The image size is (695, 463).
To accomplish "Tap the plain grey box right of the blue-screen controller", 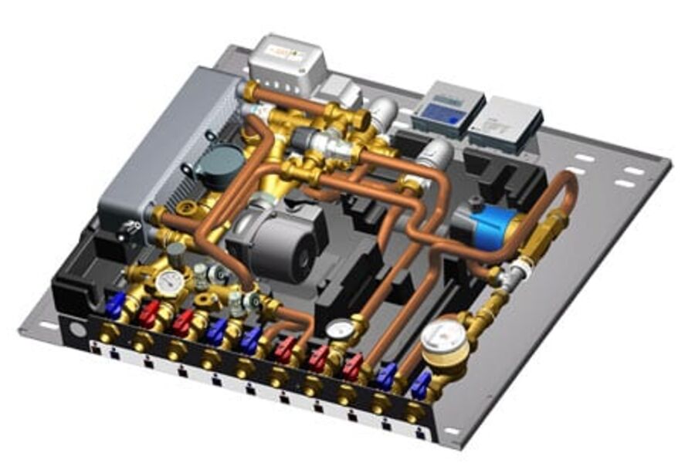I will click(504, 122).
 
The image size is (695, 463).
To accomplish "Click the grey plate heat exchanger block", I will click(166, 147).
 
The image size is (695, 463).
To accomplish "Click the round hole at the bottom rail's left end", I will click(76, 327).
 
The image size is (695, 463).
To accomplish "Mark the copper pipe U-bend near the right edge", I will click(568, 189).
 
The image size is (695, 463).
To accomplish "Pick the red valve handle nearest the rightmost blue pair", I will click(353, 366).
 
